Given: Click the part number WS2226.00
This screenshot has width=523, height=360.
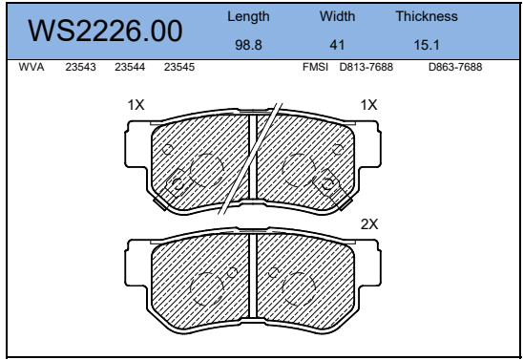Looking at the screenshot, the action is click(105, 31).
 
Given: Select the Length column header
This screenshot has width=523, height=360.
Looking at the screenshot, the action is click(248, 16).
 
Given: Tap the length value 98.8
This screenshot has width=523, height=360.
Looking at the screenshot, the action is click(248, 45).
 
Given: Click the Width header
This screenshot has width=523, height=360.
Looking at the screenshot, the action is click(337, 16).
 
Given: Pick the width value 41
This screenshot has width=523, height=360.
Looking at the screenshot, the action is click(337, 45).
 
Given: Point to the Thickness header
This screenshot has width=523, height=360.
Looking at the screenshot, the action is click(427, 16).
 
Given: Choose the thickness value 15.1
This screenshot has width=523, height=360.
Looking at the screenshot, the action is click(427, 45).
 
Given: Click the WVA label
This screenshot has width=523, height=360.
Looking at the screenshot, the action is click(31, 67).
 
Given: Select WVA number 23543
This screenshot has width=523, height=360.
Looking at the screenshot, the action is click(80, 67).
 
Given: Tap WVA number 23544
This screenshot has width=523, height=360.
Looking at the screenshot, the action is click(130, 67).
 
